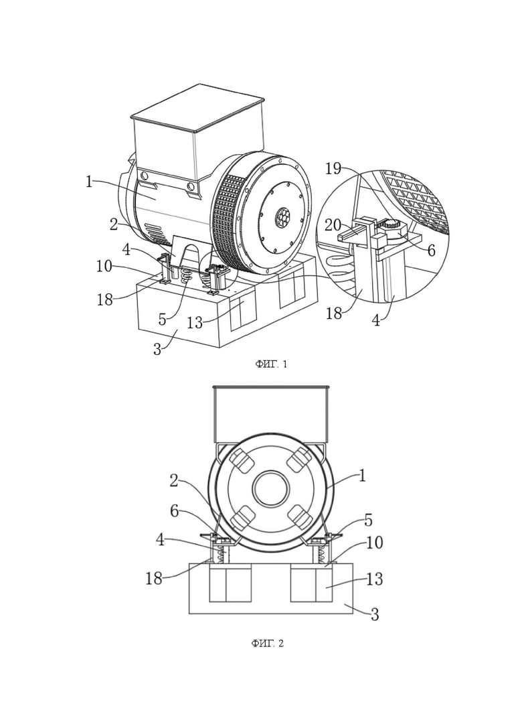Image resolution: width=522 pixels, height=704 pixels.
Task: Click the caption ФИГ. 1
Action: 271,364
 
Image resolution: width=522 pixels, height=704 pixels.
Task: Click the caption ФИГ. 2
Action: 267,644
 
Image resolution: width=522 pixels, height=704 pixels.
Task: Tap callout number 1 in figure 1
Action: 89,182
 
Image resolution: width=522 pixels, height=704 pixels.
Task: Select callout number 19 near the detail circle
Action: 333,168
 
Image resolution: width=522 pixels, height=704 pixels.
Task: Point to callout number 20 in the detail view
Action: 333,224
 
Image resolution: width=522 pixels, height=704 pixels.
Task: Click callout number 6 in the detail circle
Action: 431,250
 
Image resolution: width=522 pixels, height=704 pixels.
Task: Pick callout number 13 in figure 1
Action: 195,322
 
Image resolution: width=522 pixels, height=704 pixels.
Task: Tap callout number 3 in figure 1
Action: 157,348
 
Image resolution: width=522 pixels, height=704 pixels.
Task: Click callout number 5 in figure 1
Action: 162,320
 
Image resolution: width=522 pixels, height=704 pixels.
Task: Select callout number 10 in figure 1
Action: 104,266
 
